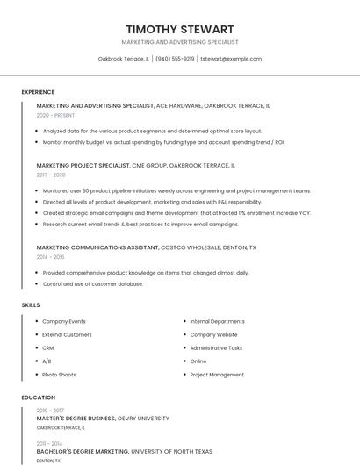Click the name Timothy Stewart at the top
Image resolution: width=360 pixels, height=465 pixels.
[180, 29]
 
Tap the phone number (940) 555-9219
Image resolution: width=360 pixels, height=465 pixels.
[175, 59]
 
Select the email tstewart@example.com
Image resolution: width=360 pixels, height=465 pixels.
[231, 59]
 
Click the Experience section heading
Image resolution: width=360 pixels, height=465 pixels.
[38, 92]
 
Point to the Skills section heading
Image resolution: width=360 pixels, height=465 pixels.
[31, 304]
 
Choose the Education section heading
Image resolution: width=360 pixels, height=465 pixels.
[39, 397]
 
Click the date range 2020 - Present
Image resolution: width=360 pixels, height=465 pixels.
[55, 115]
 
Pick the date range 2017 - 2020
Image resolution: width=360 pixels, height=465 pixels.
[51, 175]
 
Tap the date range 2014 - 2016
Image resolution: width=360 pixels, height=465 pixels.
[50, 257]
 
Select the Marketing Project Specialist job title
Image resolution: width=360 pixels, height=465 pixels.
[83, 165]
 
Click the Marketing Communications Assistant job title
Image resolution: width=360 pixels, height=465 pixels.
[97, 247]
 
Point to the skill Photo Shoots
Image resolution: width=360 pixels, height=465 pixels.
[59, 375]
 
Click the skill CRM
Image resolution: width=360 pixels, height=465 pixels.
[48, 347]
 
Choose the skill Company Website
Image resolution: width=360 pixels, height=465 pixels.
[213, 334]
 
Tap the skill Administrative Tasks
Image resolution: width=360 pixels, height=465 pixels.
[216, 347]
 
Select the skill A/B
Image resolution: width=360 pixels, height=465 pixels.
[47, 361]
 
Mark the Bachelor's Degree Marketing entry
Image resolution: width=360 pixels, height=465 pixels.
[82, 451]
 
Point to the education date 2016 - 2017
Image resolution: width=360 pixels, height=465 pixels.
[50, 411]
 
